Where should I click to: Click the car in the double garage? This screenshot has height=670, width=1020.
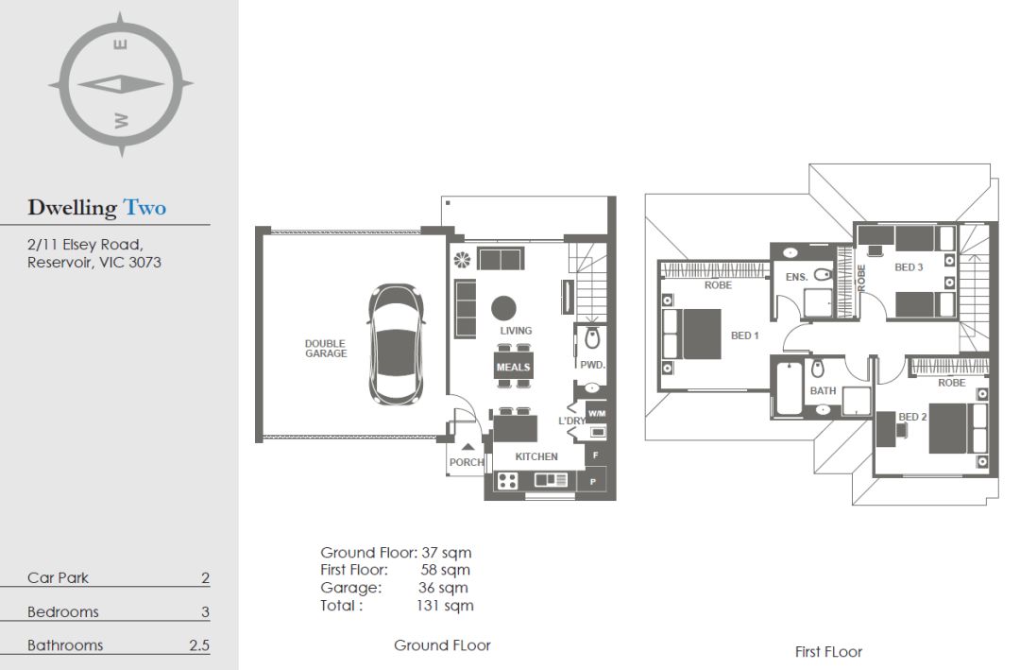point(396,344)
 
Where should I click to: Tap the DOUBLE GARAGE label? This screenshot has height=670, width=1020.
point(326,349)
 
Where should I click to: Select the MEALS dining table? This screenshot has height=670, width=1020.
point(513,367)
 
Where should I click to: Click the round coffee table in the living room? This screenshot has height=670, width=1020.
point(503,308)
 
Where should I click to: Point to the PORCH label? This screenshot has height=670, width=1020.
point(467,462)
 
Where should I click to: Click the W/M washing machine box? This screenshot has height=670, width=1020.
point(597,413)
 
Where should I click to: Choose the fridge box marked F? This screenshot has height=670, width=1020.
point(596,455)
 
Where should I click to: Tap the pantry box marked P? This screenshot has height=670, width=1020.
point(593,482)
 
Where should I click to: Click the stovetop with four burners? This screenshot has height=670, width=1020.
point(507,481)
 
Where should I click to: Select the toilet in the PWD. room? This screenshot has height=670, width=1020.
point(592,338)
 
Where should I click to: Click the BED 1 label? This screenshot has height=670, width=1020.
point(745,335)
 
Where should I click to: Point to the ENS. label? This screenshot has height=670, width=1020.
point(796,277)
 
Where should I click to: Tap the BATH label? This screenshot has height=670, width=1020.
point(823,390)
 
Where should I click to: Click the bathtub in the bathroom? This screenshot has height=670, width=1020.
point(789,388)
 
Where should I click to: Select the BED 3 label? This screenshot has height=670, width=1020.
point(909,266)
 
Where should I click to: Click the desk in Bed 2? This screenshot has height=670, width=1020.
point(885,429)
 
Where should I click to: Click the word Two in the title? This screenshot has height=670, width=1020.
point(145,208)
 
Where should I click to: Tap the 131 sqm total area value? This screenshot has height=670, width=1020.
point(445,606)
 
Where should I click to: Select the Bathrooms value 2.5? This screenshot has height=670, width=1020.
point(199,645)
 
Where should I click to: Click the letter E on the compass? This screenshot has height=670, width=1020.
point(120,44)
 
